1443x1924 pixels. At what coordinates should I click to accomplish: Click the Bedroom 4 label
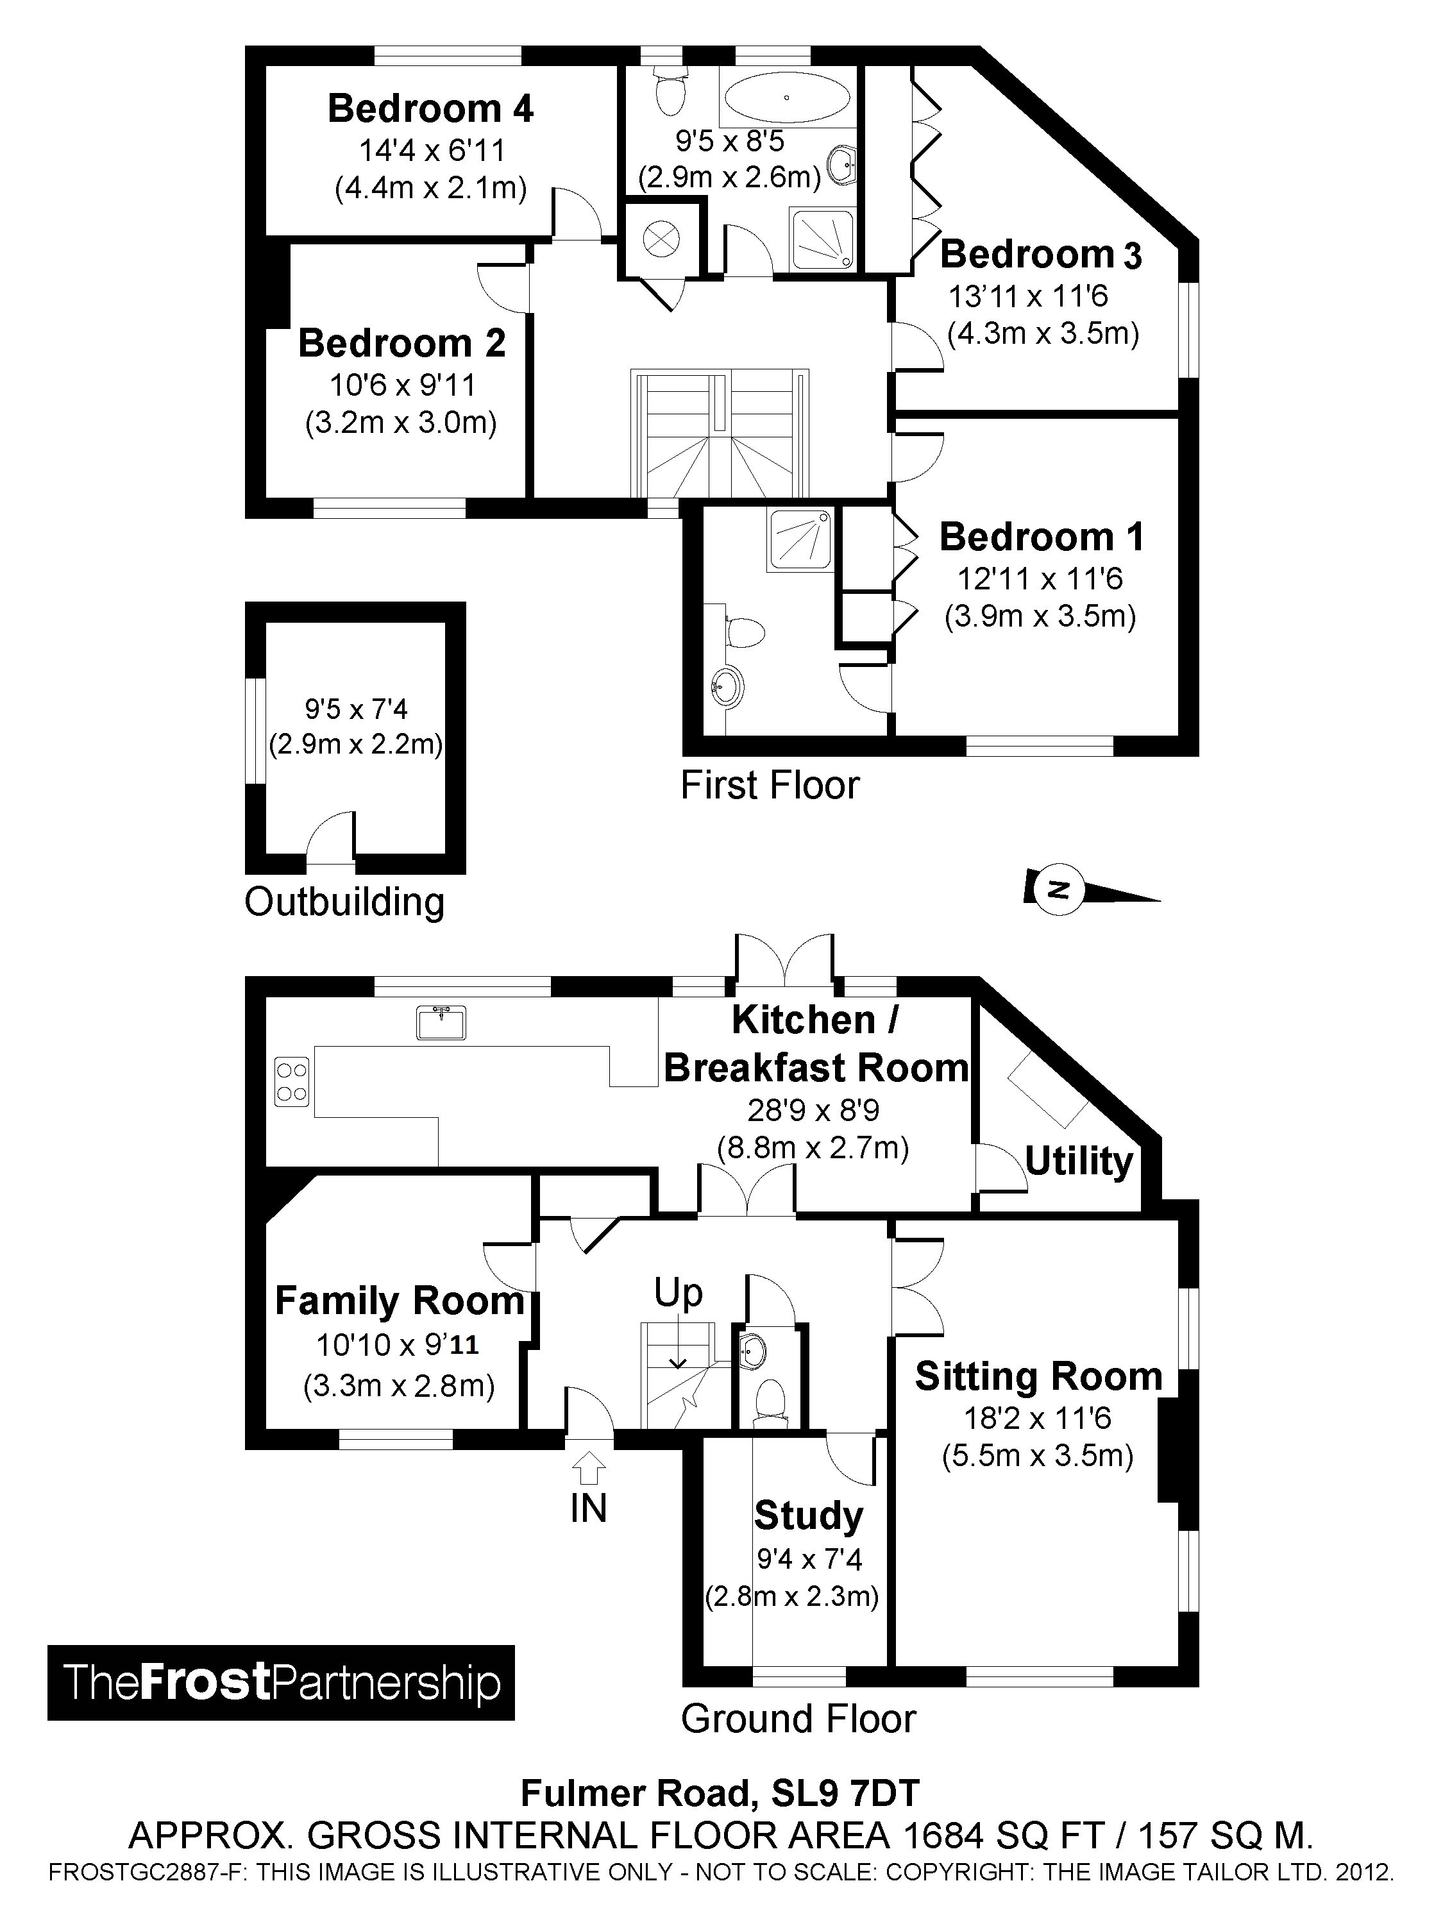tap(430, 109)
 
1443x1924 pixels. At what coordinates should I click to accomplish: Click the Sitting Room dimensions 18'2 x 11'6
tap(1037, 1419)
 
